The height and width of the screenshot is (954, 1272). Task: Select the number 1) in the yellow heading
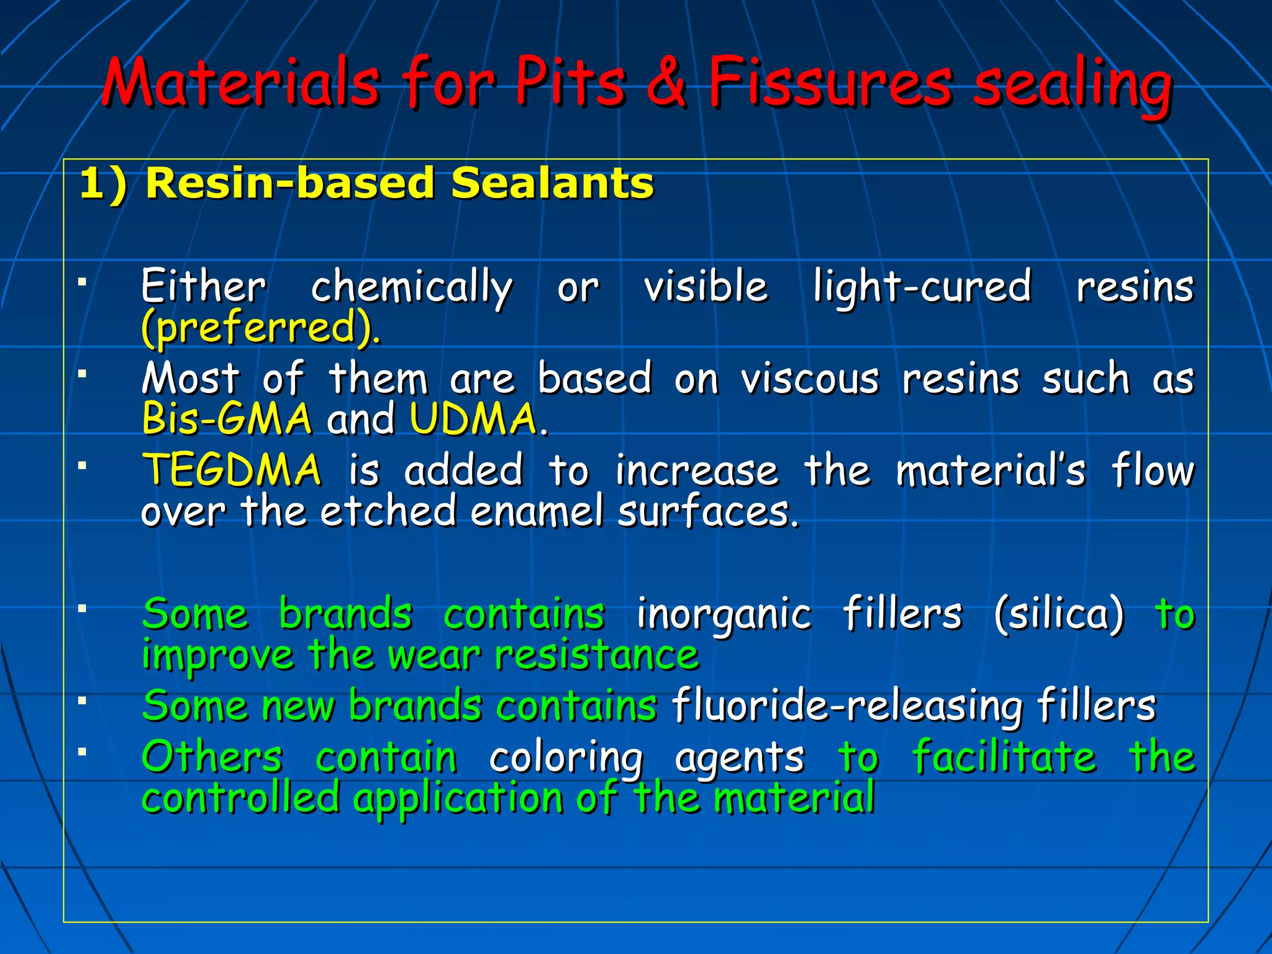[103, 184]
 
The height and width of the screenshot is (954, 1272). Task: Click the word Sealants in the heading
[552, 184]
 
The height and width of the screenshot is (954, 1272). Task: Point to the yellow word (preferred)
[260, 327]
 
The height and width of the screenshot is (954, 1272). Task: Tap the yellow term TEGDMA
[232, 470]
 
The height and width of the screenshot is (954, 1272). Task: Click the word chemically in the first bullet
[411, 288]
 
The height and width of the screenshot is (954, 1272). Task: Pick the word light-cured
[922, 288]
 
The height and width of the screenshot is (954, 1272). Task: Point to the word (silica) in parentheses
[1058, 614]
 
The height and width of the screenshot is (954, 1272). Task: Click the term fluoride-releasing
[846, 707]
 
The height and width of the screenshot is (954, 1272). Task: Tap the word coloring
[566, 758]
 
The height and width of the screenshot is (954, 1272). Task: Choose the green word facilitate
[1004, 757]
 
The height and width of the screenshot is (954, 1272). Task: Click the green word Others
[212, 757]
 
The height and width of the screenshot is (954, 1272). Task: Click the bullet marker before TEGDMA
[81, 465]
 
